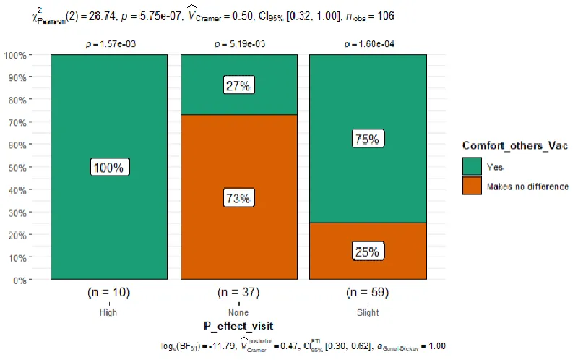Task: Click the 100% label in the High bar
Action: coord(109,167)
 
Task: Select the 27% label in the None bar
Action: coord(238,85)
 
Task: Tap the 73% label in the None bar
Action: coord(238,197)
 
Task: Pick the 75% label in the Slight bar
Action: coord(367,140)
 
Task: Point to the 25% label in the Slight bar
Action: coord(367,252)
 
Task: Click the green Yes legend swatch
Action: coord(472,166)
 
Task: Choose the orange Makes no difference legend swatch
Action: coord(472,186)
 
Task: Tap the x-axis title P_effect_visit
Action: coord(238,326)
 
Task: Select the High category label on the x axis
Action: coord(109,312)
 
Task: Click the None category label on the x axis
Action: coord(238,312)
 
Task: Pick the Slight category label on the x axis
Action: coord(368,312)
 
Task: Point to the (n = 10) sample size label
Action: coord(109,293)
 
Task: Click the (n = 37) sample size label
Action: coord(238,293)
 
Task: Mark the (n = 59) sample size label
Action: coord(368,293)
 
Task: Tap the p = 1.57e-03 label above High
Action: coord(109,44)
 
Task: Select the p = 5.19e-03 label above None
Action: coord(238,44)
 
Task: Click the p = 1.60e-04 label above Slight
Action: coord(368,44)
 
